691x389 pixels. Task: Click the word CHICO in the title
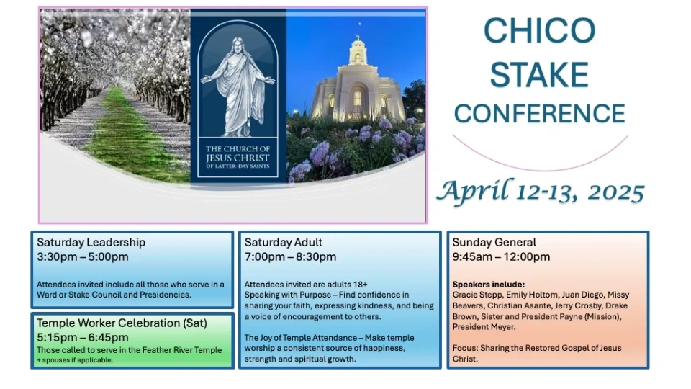539,30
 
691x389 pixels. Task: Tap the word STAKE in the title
539,74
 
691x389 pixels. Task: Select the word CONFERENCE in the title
539,113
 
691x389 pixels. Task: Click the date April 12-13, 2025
541,192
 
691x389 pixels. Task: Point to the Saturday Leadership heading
91,242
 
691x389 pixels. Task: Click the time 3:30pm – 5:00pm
83,256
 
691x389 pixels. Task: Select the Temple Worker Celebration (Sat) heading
122,323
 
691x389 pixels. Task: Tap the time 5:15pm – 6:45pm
83,337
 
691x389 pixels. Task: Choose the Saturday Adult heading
284,242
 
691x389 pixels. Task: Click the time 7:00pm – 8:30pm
290,256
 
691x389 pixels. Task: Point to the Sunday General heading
494,242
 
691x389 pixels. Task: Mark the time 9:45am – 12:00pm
501,256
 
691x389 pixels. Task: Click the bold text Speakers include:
489,285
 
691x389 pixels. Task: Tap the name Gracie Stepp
477,295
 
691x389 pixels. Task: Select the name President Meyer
484,327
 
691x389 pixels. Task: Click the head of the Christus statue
238,45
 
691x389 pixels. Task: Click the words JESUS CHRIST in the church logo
238,158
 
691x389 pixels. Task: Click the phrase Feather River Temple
176,350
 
